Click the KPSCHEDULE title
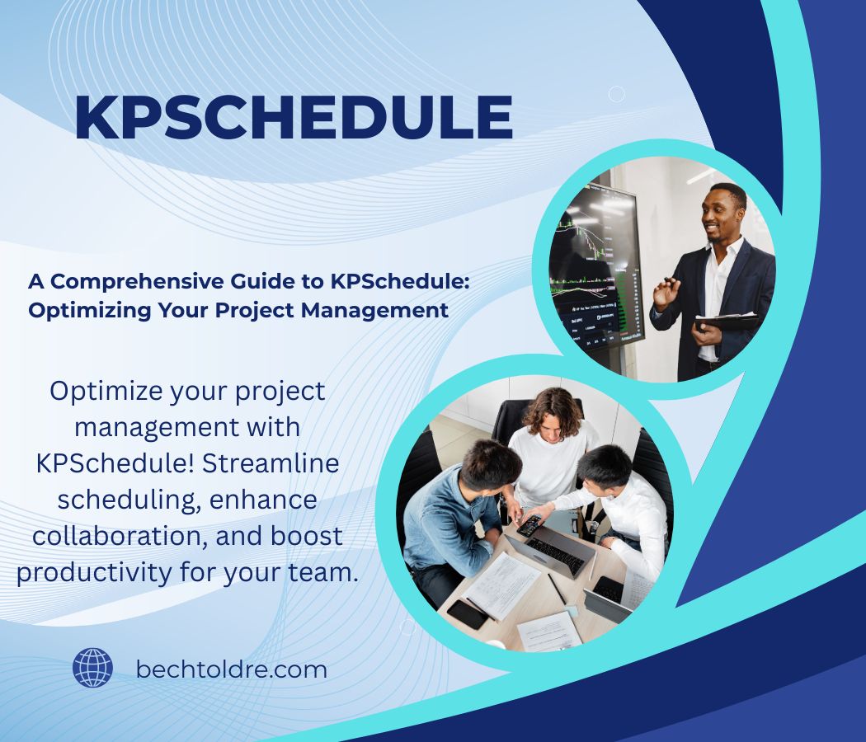(293, 117)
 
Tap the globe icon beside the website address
(92, 668)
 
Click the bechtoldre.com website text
(231, 669)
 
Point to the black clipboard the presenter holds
(726, 322)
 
